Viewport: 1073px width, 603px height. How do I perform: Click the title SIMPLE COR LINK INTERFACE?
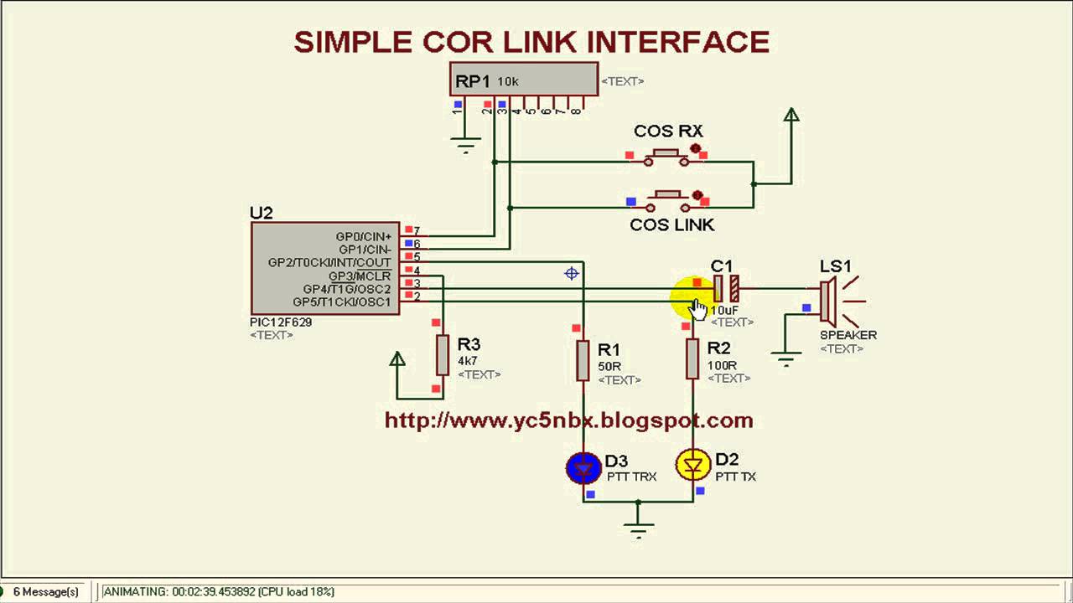(531, 42)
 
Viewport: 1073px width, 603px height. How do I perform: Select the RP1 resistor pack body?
(523, 80)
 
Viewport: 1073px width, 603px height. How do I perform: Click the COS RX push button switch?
(666, 157)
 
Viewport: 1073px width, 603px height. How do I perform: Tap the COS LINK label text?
(671, 224)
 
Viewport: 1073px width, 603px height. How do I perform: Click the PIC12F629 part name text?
(281, 322)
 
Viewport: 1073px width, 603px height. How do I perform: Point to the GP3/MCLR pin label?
(359, 276)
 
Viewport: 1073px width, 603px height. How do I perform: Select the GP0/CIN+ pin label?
(363, 237)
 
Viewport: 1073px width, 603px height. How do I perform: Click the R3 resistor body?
(443, 355)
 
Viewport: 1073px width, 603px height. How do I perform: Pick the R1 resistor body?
(583, 360)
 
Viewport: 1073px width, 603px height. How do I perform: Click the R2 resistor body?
(692, 358)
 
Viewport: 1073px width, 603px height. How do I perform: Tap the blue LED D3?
(583, 467)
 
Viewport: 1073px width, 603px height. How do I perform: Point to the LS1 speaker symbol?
(828, 302)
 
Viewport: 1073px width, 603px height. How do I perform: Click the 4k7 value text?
(467, 361)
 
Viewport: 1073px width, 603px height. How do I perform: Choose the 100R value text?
(722, 365)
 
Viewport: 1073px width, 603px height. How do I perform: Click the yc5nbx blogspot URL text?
(568, 420)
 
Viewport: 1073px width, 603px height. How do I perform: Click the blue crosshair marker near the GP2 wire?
(572, 273)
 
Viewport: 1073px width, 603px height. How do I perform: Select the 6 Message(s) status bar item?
(45, 591)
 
